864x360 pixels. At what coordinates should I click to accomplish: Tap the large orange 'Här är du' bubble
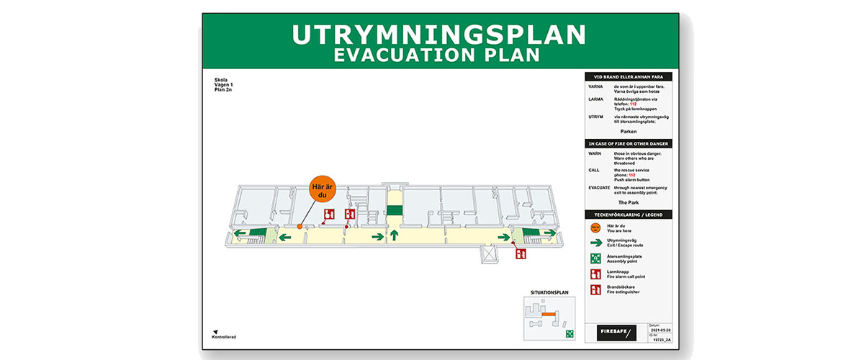pos(323,192)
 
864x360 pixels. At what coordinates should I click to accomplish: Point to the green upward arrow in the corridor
pos(394,235)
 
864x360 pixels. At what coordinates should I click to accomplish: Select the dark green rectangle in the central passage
pos(394,210)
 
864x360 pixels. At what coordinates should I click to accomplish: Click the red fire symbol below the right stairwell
pos(521,253)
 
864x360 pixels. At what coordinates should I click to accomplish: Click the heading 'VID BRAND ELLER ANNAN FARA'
pos(629,76)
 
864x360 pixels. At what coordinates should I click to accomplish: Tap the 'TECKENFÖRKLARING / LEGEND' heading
pos(629,215)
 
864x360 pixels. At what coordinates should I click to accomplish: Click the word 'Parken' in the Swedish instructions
pos(629,132)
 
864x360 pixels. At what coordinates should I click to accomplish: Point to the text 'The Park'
pos(629,203)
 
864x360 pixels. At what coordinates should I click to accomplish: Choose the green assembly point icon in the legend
pos(595,258)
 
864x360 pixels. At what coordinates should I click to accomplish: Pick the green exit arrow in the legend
pos(595,243)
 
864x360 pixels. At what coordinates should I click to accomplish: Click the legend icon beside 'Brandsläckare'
pos(595,289)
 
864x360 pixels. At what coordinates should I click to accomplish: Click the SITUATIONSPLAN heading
pos(549,292)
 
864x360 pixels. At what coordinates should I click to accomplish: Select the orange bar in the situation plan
pos(549,315)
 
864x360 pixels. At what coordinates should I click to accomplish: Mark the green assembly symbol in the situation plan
pos(569,333)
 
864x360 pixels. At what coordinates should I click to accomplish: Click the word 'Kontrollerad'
pos(224,337)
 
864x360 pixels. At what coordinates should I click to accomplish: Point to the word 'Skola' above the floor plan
pos(220,79)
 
